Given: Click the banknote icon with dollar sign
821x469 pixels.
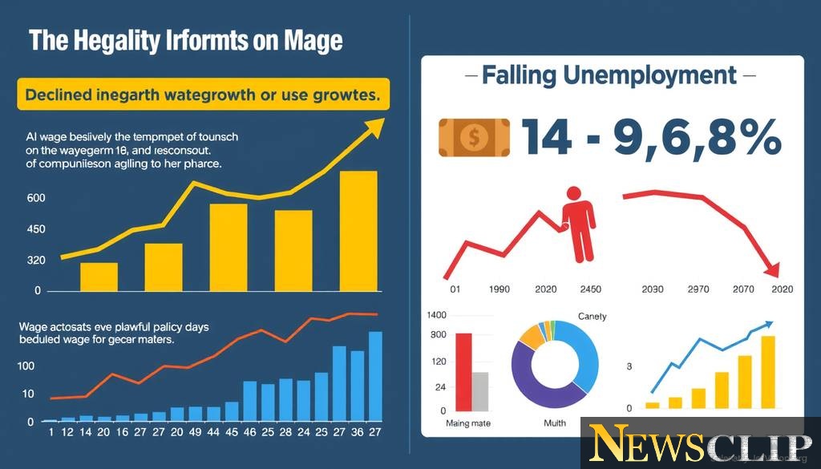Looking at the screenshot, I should [474, 136].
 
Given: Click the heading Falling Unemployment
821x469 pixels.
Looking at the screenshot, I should [609, 76].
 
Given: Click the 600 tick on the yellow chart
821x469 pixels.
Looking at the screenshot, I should [35, 199].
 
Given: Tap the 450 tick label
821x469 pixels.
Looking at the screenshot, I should [35, 230].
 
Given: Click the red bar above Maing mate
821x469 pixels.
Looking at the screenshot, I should [463, 370].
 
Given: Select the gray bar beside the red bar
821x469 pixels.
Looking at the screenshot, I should [480, 390].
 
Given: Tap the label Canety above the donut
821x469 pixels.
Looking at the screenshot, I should [592, 317].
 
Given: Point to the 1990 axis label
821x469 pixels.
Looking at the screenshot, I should [499, 289].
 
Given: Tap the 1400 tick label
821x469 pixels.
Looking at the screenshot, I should [437, 316].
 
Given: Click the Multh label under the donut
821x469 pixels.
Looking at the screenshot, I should [554, 423].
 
